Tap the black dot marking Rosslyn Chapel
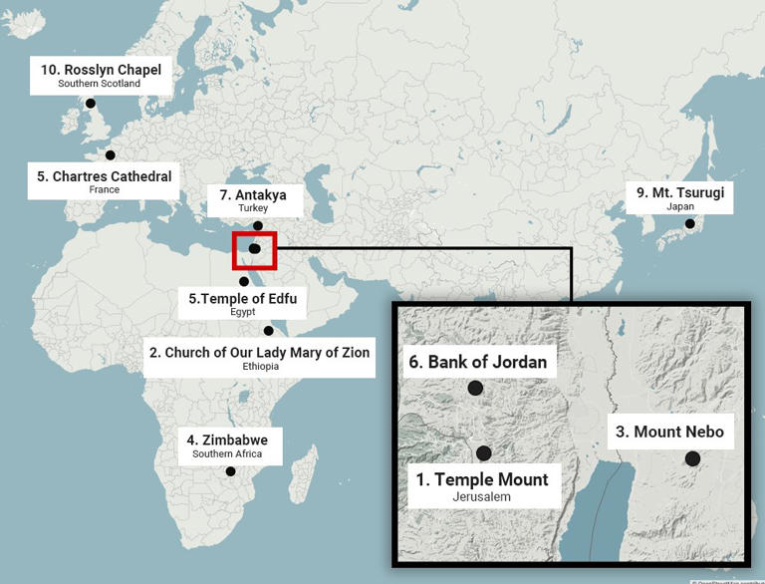point(91,103)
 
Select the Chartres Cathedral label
point(105,181)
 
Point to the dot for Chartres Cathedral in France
point(111,154)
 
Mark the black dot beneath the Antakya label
point(259,226)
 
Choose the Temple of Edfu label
point(243,303)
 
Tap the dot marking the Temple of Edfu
point(244,282)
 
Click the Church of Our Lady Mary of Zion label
point(259,357)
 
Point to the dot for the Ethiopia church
point(268,331)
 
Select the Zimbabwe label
point(227,444)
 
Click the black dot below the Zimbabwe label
point(230,471)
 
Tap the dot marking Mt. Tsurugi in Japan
point(688,224)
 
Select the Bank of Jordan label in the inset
point(477,362)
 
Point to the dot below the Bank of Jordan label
point(475,388)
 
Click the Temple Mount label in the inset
point(482,485)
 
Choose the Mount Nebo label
point(669,432)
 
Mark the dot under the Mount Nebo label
point(692,458)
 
